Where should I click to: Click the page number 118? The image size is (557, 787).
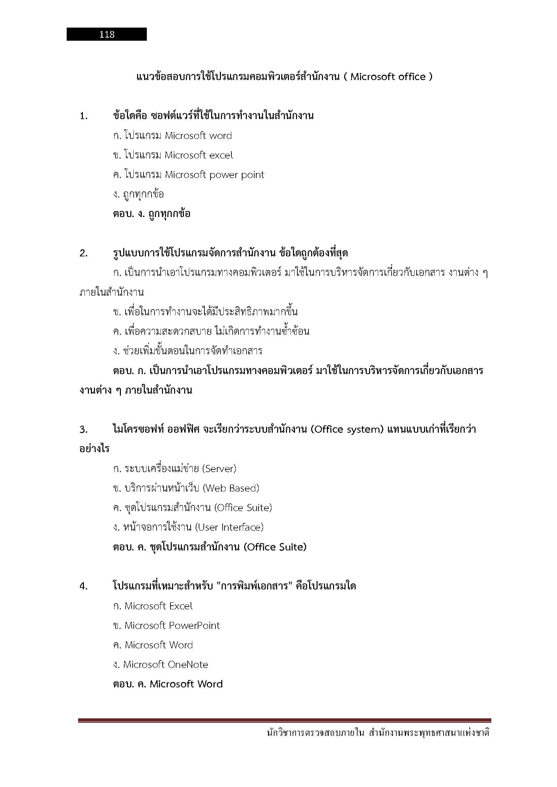[x=107, y=34]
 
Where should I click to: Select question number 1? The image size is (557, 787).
[x=84, y=116]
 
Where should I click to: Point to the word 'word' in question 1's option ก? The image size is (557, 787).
[x=221, y=136]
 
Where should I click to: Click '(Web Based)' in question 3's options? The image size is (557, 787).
[x=231, y=488]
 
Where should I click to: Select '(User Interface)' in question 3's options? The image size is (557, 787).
[x=229, y=527]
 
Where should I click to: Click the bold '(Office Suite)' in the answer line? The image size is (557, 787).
[x=275, y=547]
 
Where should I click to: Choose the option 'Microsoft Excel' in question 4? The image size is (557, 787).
[x=158, y=606]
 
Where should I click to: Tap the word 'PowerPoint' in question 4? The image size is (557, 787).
[x=194, y=625]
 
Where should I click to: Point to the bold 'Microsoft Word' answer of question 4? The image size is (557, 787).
[x=186, y=684]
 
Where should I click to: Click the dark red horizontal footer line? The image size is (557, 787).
[x=284, y=720]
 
